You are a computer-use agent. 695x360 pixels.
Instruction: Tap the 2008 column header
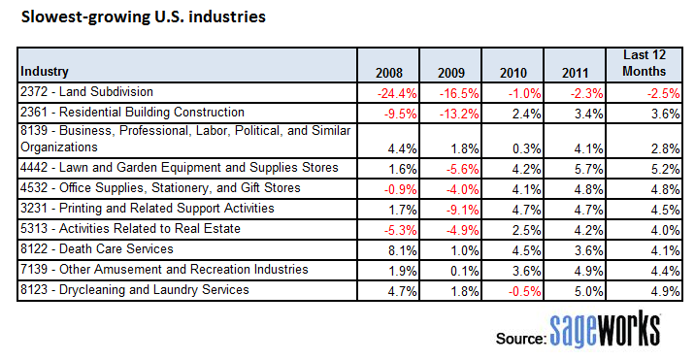pos(390,73)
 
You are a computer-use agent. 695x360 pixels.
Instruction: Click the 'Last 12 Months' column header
pos(644,64)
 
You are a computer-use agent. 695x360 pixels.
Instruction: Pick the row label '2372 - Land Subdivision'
pos(85,91)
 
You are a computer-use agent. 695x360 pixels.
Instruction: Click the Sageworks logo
pos(605,328)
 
